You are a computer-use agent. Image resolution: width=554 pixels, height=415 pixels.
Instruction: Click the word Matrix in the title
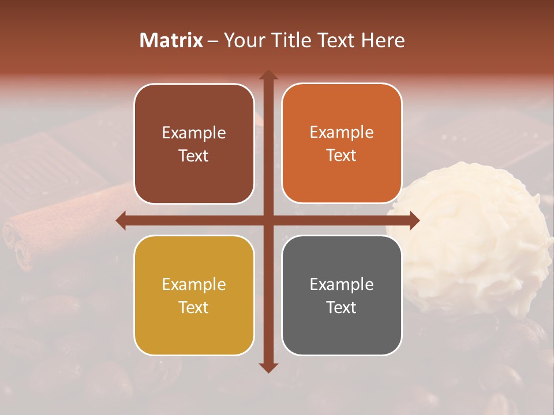(171, 40)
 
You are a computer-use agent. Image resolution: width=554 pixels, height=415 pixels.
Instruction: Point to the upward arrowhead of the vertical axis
(268, 75)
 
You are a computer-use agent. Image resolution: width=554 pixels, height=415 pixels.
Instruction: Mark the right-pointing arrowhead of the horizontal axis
(414, 220)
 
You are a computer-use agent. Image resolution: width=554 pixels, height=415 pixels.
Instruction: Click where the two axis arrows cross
(268, 220)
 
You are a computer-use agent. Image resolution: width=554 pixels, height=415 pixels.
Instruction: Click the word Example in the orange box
(342, 133)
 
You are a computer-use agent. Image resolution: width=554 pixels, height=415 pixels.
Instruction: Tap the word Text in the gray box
(342, 307)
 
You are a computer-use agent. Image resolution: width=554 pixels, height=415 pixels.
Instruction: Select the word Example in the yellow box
(194, 284)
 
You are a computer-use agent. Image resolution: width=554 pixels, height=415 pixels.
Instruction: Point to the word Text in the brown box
(194, 156)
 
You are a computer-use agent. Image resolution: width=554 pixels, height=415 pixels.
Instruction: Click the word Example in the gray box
(342, 284)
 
